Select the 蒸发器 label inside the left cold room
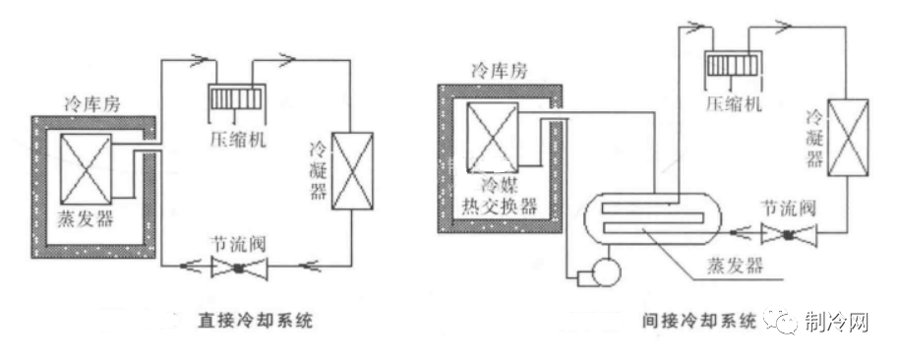click(86, 217)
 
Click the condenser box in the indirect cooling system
click(847, 137)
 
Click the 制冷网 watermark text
click(837, 322)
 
